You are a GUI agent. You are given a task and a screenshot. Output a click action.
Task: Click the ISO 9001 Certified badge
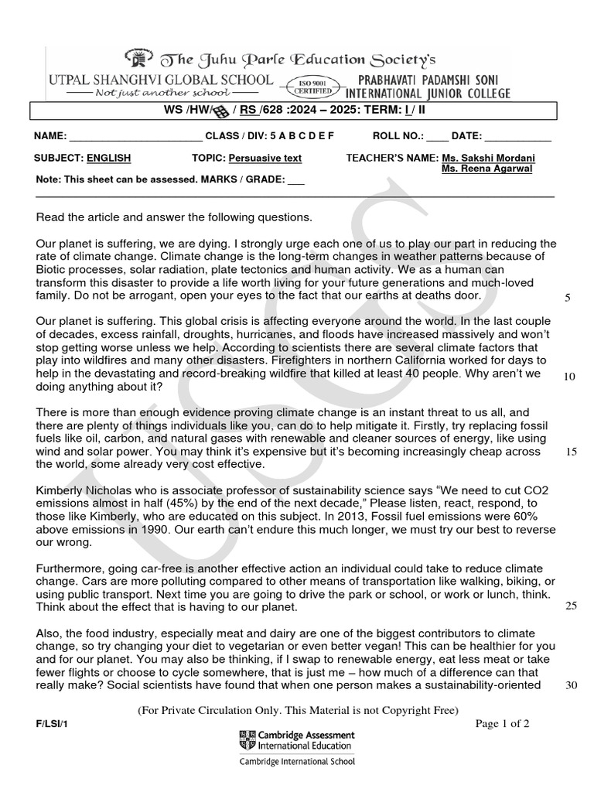click(312, 86)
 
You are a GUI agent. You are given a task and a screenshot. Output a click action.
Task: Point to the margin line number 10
click(570, 376)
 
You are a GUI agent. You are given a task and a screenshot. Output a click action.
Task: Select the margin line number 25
click(571, 605)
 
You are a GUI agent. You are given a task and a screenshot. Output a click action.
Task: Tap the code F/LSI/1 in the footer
click(47, 724)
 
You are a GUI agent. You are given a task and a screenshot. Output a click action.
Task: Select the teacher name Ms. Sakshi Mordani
click(487, 158)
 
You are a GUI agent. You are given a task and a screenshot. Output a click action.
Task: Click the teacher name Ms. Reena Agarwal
click(486, 169)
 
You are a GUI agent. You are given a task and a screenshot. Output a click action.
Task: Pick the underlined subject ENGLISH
click(108, 158)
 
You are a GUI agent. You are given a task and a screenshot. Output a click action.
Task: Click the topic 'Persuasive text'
click(265, 158)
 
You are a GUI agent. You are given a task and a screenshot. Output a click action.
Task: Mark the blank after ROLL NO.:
click(437, 137)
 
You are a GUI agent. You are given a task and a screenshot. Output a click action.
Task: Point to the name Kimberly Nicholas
click(84, 490)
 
